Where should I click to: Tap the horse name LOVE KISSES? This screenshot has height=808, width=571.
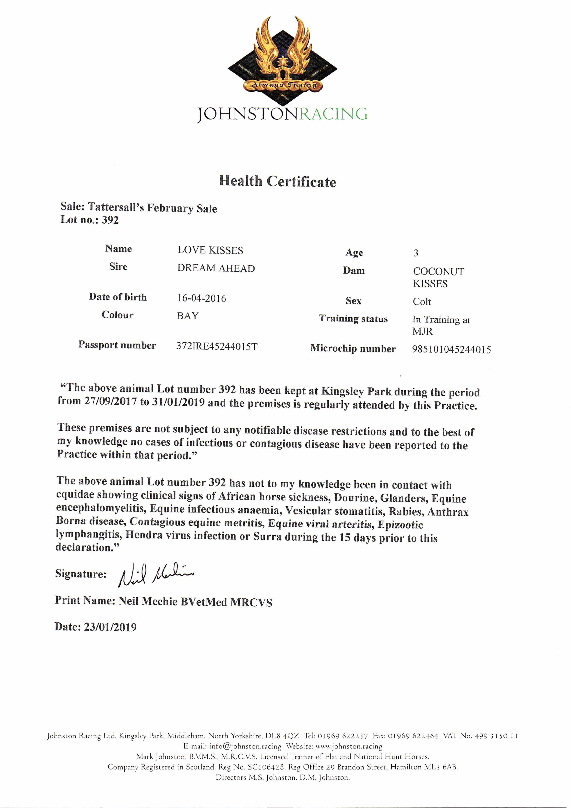pos(210,250)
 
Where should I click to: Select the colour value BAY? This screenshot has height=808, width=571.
pos(188,316)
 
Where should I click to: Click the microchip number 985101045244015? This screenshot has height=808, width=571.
pos(451,349)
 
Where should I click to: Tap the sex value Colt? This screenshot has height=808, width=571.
pos(422,302)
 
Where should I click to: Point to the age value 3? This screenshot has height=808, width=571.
pos(415,253)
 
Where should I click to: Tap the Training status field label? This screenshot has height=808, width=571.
pos(353,319)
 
